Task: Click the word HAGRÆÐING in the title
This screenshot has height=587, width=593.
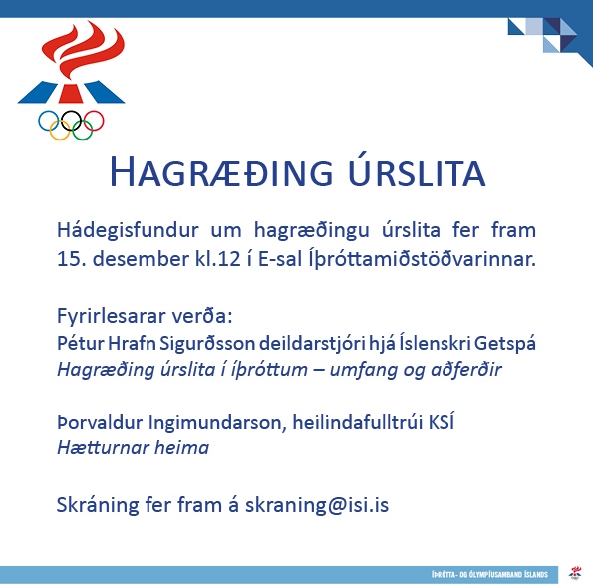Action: tap(221, 172)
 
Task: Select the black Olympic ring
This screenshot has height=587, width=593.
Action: tap(71, 121)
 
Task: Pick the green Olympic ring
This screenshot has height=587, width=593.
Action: tap(83, 130)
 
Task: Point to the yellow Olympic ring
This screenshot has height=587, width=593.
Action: tap(60, 130)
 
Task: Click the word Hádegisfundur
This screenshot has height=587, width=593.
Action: tap(128, 231)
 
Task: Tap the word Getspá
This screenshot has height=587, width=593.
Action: tap(505, 344)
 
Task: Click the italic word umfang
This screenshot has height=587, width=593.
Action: tap(363, 370)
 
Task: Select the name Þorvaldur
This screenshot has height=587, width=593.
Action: tap(100, 423)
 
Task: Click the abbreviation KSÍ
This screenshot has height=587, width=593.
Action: tap(441, 421)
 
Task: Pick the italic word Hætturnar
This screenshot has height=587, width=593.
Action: tap(103, 448)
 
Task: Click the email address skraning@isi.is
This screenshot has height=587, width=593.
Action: tap(317, 505)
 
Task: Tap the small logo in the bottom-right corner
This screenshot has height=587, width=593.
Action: tap(576, 573)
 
